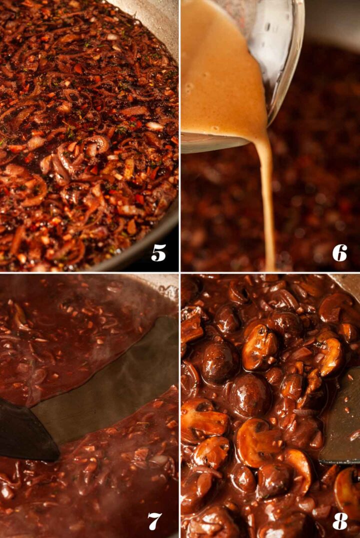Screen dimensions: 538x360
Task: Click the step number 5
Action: click(158, 253)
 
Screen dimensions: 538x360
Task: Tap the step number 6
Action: click(339, 253)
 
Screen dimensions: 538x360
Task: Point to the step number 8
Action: click(339, 520)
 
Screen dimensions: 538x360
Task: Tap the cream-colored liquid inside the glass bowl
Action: click(220, 75)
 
